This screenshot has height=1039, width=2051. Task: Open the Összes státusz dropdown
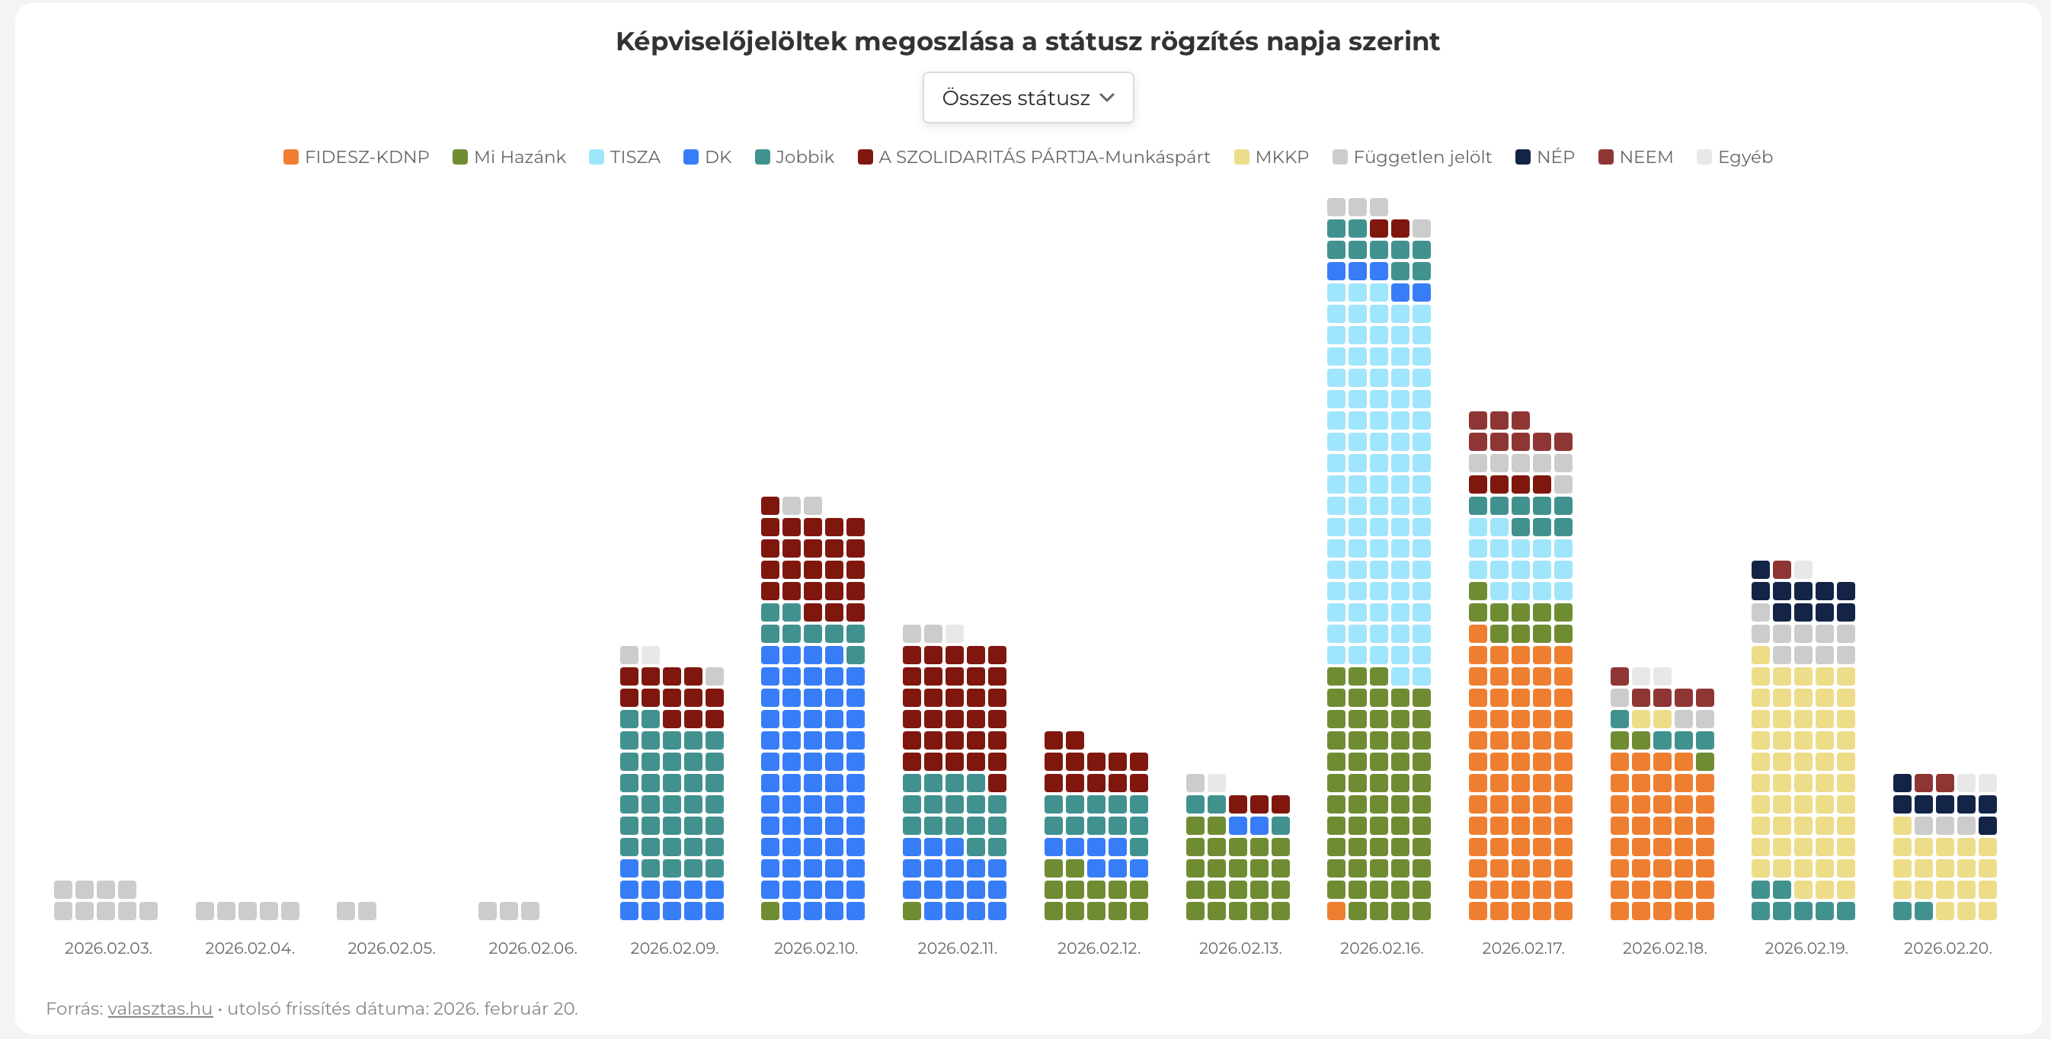(x=1027, y=98)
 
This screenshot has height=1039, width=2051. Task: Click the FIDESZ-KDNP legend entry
(x=356, y=157)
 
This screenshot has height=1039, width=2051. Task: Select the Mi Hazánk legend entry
(x=509, y=157)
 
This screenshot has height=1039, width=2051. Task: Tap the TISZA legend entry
(x=624, y=157)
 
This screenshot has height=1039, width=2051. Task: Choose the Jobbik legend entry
(x=794, y=157)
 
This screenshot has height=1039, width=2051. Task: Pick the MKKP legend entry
(x=1271, y=157)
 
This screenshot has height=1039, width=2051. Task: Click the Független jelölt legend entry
(x=1412, y=157)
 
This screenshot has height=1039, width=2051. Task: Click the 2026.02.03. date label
(x=108, y=948)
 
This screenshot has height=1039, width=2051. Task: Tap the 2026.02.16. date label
(x=1381, y=948)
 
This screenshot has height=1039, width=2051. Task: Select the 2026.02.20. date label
(x=1947, y=948)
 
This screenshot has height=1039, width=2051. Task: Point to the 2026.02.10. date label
(x=815, y=948)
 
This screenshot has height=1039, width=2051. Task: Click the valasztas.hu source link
(x=160, y=1009)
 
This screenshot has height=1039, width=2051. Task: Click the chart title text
(x=1027, y=41)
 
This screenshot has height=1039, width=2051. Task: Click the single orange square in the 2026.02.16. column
(x=1336, y=911)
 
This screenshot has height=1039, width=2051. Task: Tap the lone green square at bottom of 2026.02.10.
(x=770, y=911)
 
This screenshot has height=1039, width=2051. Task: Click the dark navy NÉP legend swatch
(x=1522, y=157)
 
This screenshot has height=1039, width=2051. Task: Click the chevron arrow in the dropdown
(x=1107, y=98)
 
